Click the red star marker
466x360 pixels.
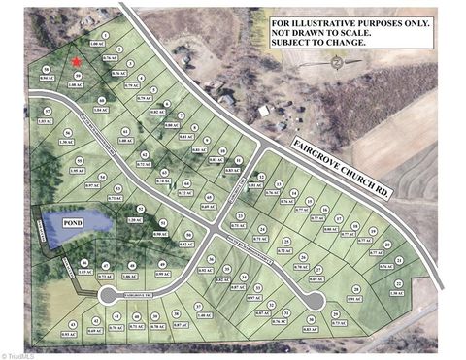point(77,62)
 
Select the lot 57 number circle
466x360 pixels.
point(43,110)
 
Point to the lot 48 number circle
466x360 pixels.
point(84,265)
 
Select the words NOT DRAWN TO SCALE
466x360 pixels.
point(316,32)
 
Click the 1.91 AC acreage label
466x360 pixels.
point(354,299)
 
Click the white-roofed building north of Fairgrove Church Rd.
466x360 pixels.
point(264,111)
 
